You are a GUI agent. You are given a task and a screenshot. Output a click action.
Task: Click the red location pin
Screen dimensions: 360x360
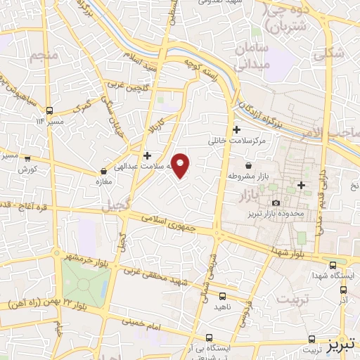pyautogui.click(x=181, y=165)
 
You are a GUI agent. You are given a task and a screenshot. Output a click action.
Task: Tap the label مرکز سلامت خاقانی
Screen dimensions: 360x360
pyautogui.click(x=236, y=141)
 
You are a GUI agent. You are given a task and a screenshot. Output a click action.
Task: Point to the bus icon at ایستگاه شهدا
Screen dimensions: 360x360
pyautogui.click(x=333, y=264)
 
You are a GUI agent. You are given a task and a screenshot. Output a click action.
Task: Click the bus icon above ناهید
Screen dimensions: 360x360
pyautogui.click(x=222, y=296)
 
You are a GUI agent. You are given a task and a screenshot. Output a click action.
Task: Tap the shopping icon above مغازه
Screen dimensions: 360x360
pyautogui.click(x=104, y=170)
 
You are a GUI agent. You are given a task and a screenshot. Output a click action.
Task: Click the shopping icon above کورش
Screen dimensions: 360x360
pyautogui.click(x=27, y=160)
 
